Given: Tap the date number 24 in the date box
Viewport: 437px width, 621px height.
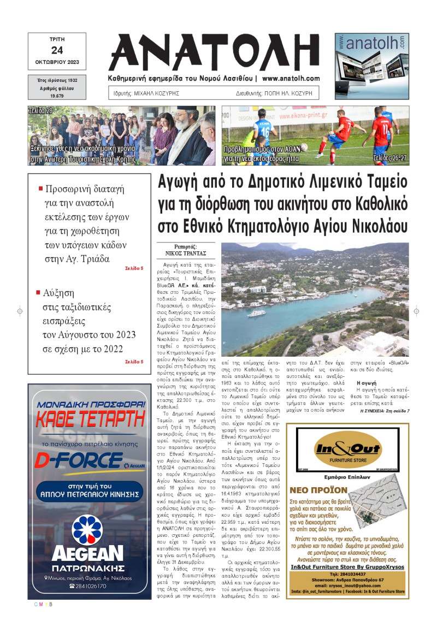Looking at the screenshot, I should tap(57, 50).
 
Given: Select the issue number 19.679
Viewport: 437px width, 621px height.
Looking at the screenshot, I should tap(57, 96).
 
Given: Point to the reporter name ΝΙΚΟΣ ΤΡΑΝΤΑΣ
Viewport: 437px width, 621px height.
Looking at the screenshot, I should tap(185, 253).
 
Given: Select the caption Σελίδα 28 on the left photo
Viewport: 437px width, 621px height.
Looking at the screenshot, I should tap(41, 111).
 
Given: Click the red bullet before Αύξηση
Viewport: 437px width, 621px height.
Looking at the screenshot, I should tap(38, 292).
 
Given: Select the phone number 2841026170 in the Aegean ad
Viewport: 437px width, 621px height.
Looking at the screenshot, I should tap(91, 585).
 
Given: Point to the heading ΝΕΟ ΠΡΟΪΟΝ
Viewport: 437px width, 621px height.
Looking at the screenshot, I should tap(319, 490).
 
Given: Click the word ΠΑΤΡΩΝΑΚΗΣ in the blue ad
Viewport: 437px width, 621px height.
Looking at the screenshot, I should tap(88, 567).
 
